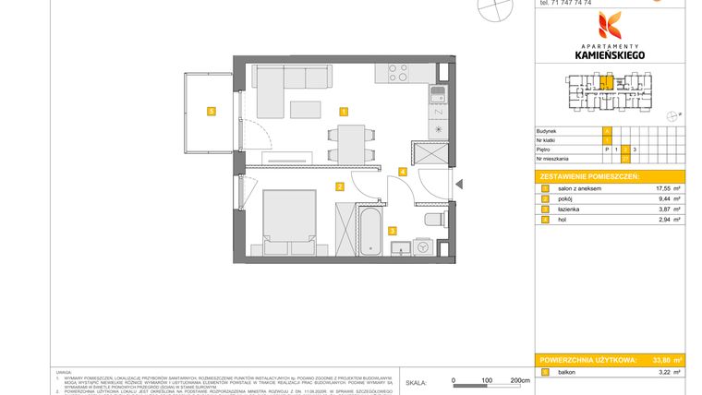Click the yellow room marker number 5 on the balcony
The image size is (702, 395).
point(212,112)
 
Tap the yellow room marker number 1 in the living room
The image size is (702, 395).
point(344,112)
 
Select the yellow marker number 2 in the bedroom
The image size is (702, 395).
point(340,186)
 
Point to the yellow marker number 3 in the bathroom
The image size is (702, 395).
point(392,231)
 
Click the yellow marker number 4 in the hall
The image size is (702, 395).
point(402,171)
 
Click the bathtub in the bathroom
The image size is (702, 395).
point(368,231)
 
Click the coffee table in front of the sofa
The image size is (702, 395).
point(307,110)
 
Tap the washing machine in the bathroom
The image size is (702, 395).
point(423,247)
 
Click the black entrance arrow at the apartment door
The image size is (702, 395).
point(458,184)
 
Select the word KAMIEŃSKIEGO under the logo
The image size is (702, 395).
point(610,54)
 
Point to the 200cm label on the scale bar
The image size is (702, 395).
point(520,379)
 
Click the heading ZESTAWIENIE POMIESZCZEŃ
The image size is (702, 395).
point(589,176)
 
